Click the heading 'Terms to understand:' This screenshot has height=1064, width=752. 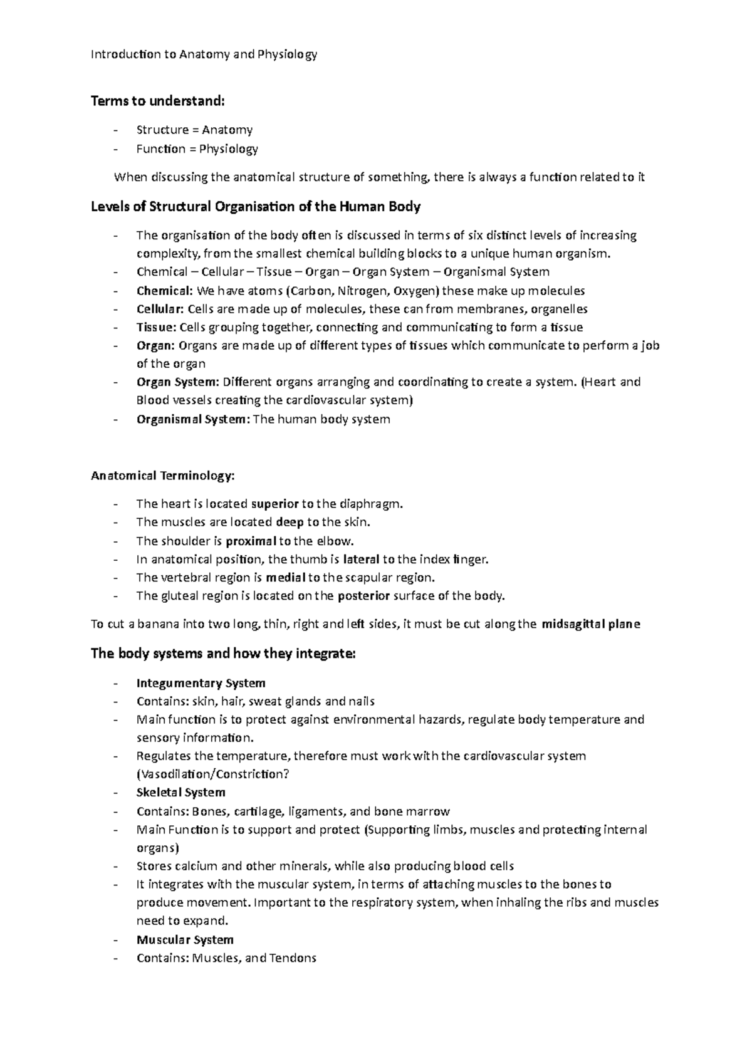pos(157,101)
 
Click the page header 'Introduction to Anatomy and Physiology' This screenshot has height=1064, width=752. pos(204,55)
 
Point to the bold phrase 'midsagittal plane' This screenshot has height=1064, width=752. pos(590,624)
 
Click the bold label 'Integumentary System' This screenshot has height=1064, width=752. pos(201,683)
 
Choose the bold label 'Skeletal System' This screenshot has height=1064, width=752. pos(180,793)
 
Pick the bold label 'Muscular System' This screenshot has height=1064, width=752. pos(185,940)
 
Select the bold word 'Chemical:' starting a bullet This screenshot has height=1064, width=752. pos(164,291)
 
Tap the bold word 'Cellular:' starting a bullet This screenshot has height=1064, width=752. pos(160,309)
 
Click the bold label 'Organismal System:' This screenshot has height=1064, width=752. pos(193,419)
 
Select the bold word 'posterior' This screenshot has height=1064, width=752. pos(363,596)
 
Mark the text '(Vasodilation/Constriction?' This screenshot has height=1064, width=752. pos(213,775)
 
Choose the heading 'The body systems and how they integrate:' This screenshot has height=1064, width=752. pos(223,654)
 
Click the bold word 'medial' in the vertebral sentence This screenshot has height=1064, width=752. pos(286,578)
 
